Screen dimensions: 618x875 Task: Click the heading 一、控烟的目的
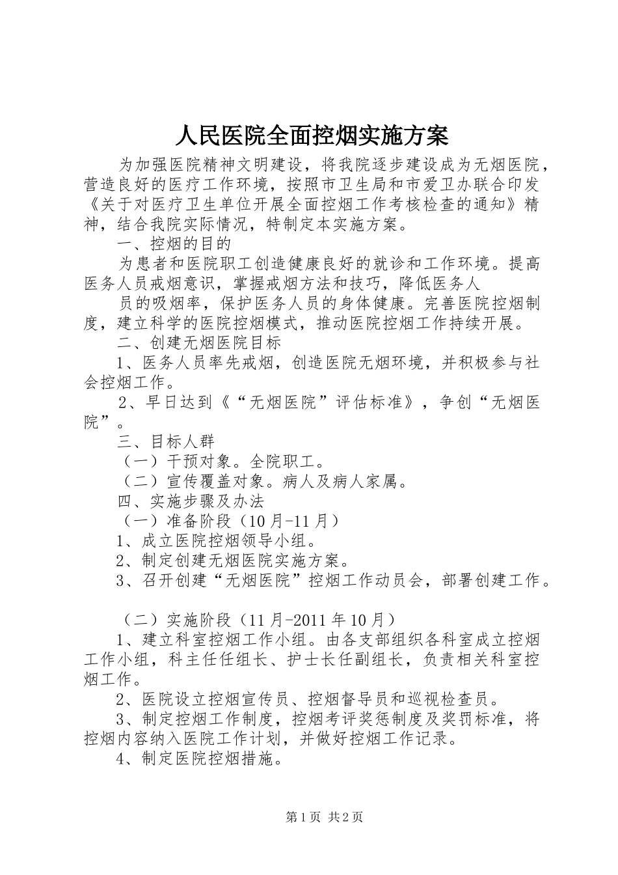click(174, 244)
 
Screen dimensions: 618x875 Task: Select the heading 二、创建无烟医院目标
click(198, 342)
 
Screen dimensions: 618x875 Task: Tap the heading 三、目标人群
click(165, 441)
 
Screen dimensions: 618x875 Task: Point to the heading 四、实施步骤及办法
click(190, 501)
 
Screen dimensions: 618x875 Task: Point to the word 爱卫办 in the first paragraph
click(454, 185)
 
